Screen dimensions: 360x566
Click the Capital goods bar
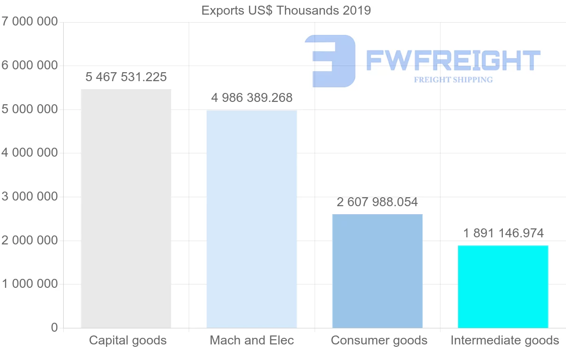tap(126, 208)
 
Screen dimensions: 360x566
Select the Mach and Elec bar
tap(252, 219)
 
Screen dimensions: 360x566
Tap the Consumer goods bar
tap(377, 271)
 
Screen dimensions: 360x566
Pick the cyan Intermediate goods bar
tap(503, 286)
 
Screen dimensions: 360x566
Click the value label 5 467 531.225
tap(126, 77)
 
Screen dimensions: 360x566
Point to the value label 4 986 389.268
tap(252, 98)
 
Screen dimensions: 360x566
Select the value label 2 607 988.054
tap(377, 202)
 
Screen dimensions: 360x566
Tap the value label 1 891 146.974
tap(503, 233)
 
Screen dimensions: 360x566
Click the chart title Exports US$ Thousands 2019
tap(286, 10)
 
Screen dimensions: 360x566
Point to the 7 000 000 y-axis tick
tap(29, 22)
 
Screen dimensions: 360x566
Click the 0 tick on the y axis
tap(54, 327)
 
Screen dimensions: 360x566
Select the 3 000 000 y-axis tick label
tap(29, 197)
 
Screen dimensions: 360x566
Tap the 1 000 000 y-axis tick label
tap(29, 284)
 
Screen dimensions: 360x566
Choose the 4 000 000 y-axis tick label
tap(29, 153)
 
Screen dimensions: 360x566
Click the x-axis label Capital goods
tap(128, 340)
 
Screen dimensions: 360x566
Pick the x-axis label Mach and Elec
tap(252, 340)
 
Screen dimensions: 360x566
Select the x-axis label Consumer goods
tap(379, 340)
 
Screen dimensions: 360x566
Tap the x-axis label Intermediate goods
tap(505, 340)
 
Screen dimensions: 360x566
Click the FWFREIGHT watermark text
tap(453, 60)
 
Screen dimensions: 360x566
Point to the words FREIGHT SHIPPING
tap(453, 80)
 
